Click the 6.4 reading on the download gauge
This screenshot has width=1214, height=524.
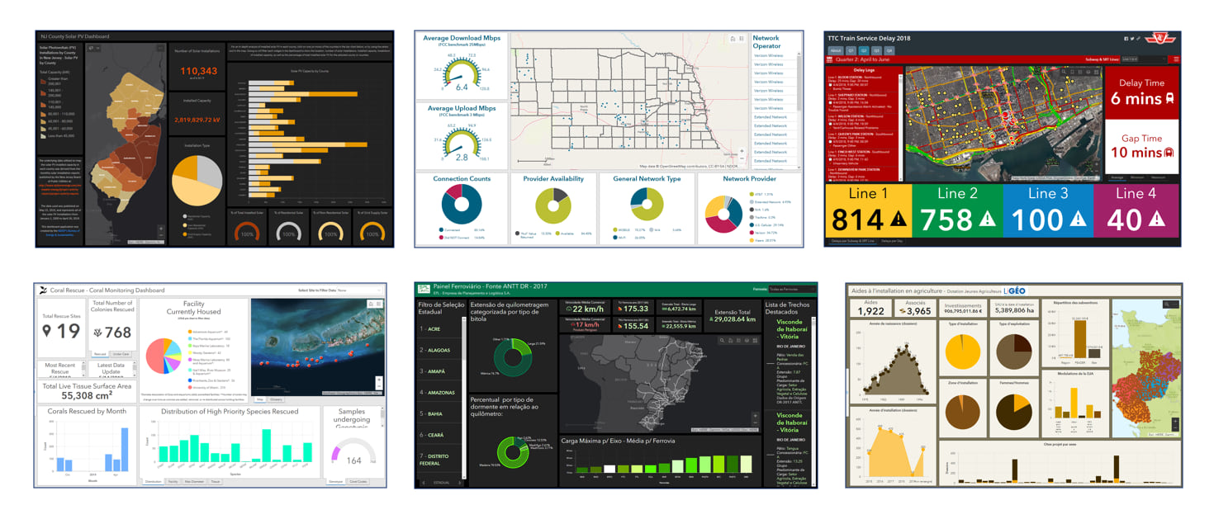click(x=462, y=87)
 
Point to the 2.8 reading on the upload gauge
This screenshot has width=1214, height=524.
click(x=462, y=157)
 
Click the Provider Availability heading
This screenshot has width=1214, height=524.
click(x=553, y=179)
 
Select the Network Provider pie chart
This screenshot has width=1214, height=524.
click(x=724, y=214)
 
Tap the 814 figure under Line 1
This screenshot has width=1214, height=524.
click(x=860, y=220)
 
